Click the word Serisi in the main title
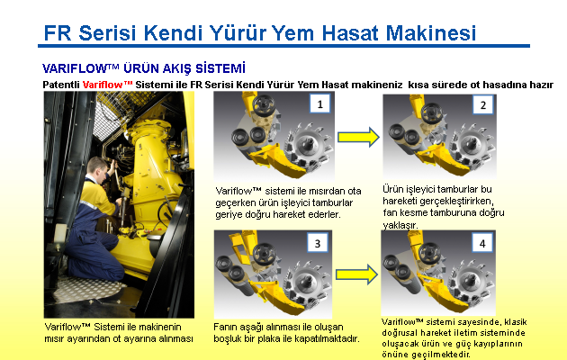[107, 33]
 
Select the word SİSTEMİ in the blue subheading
[220, 68]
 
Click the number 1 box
[320, 104]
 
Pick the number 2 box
[483, 105]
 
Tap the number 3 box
[318, 243]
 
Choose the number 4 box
[482, 244]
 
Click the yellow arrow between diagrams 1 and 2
[358, 137]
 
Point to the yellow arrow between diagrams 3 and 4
[356, 274]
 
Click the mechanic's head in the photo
[98, 168]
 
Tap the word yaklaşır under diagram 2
[400, 225]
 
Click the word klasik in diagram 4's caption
[516, 322]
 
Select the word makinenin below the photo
[160, 327]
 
